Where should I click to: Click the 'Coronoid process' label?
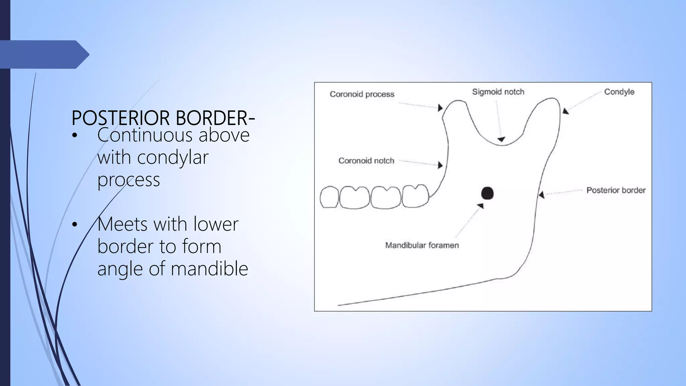[362, 94]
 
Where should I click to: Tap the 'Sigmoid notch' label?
[498, 92]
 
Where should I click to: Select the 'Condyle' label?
[619, 92]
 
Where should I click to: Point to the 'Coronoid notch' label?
[366, 161]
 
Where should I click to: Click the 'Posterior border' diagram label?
[616, 190]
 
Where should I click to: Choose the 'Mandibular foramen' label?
[422, 245]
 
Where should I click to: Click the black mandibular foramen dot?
[487, 193]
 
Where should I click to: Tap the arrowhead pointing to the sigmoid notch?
[501, 139]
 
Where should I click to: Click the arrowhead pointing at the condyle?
[565, 111]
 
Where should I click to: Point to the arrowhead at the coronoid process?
[440, 108]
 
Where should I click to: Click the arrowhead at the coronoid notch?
[440, 165]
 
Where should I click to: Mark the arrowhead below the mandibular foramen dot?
[481, 206]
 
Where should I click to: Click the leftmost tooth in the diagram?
[329, 197]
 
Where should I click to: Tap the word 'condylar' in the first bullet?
[173, 157]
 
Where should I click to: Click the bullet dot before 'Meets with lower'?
[74, 224]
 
